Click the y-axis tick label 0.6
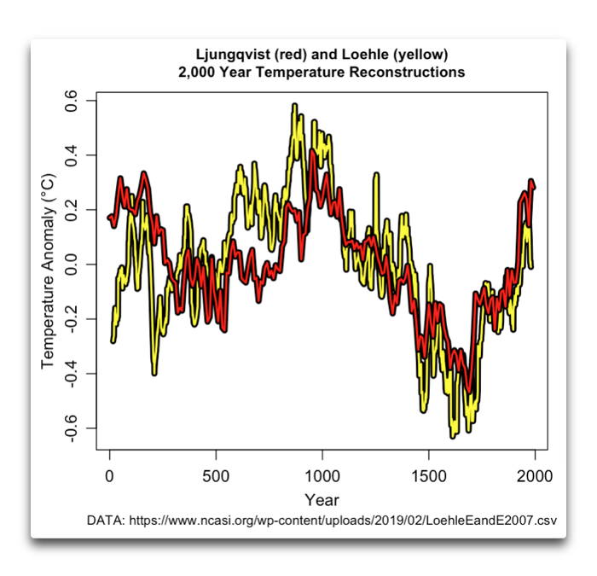[x=72, y=101]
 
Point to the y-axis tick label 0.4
[x=72, y=155]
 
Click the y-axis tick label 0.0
[x=72, y=265]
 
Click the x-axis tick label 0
[x=110, y=474]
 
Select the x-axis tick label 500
[x=216, y=474]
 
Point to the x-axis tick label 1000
[x=322, y=474]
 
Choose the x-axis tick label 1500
[x=428, y=474]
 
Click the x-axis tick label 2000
[x=535, y=474]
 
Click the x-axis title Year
[x=322, y=499]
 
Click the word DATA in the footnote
[x=105, y=520]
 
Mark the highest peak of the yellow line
[x=294, y=106]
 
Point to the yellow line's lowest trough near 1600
[x=453, y=436]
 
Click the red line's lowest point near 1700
[x=468, y=391]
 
